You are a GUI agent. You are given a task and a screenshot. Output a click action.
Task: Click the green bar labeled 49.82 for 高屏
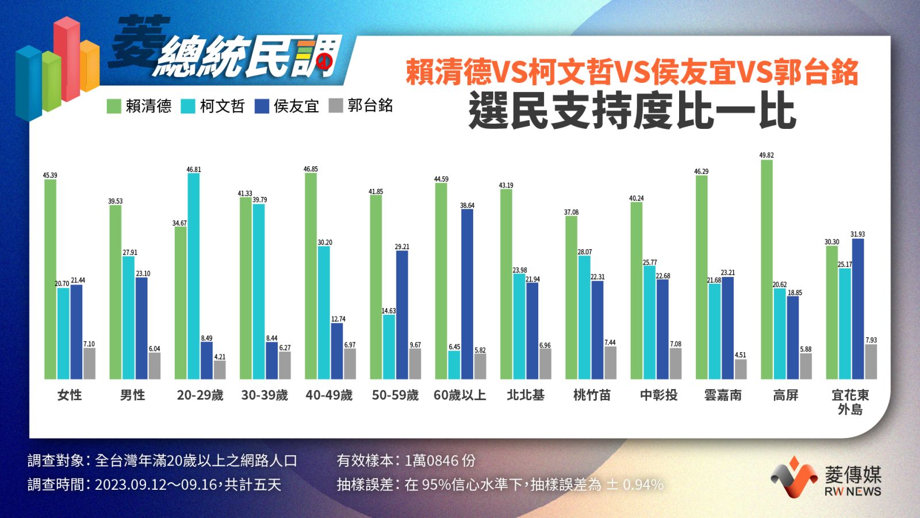[x=766, y=269]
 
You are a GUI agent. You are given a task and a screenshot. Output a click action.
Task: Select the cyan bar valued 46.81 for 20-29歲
[x=193, y=276]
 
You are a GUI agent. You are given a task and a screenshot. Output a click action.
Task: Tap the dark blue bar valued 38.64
[x=467, y=294]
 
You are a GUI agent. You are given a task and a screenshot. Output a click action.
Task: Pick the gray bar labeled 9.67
[x=415, y=363]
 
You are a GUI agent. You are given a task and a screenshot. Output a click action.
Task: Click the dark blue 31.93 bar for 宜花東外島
[x=857, y=308]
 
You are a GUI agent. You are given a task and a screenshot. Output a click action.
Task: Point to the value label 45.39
[x=50, y=176]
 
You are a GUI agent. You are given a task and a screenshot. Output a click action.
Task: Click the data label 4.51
[x=740, y=355]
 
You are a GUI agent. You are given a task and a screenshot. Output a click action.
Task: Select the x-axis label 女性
[x=70, y=395]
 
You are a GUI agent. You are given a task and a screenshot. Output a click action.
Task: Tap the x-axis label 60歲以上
[x=459, y=395]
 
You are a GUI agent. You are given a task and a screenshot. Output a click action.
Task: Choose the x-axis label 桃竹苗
[x=592, y=395]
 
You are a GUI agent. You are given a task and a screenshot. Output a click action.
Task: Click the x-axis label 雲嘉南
[x=722, y=395]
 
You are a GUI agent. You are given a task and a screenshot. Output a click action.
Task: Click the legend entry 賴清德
[x=139, y=106]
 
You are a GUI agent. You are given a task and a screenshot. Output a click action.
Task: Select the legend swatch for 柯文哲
[x=188, y=106]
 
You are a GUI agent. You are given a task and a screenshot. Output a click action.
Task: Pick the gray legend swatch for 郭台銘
[x=336, y=106]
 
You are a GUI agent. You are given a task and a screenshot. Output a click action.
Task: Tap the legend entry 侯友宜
[x=287, y=106]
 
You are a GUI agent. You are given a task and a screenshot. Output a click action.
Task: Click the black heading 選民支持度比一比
[x=632, y=111]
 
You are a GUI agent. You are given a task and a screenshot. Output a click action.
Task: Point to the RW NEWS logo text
[x=853, y=492]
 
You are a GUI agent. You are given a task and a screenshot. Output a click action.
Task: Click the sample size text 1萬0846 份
[x=440, y=460]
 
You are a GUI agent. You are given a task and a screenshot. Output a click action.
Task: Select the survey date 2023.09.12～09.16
[x=156, y=485]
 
